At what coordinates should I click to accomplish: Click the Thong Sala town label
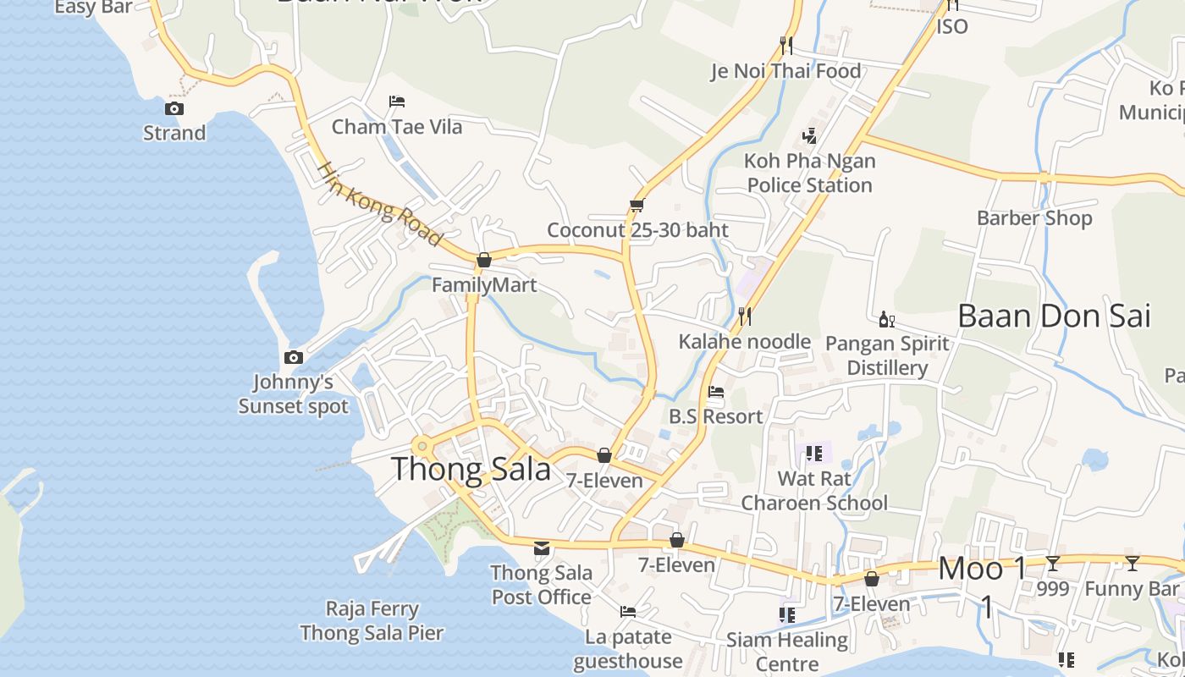[471, 469]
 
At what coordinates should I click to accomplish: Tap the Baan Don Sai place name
[1054, 316]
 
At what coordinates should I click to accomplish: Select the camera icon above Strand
[174, 108]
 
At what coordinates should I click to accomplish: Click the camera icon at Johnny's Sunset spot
[294, 357]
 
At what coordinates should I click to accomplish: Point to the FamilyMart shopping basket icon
[484, 260]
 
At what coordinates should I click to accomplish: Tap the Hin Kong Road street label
[380, 204]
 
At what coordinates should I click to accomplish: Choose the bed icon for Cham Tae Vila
[397, 102]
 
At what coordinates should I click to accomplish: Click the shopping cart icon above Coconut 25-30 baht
[637, 205]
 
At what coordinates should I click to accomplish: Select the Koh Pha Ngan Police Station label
[809, 173]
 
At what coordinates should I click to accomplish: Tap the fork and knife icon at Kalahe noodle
[745, 316]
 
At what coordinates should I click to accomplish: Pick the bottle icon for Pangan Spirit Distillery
[887, 319]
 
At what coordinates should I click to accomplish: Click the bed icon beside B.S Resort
[716, 392]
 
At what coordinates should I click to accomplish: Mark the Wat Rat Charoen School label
[814, 491]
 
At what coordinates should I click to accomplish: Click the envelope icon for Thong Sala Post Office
[542, 548]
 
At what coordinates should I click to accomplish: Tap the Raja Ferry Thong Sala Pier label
[372, 620]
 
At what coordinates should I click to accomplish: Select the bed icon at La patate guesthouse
[628, 611]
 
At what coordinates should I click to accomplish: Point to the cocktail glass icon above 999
[1053, 564]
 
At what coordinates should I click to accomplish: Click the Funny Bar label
[1132, 588]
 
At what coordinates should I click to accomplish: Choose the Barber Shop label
[1034, 217]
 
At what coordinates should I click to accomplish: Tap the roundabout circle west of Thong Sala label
[422, 446]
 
